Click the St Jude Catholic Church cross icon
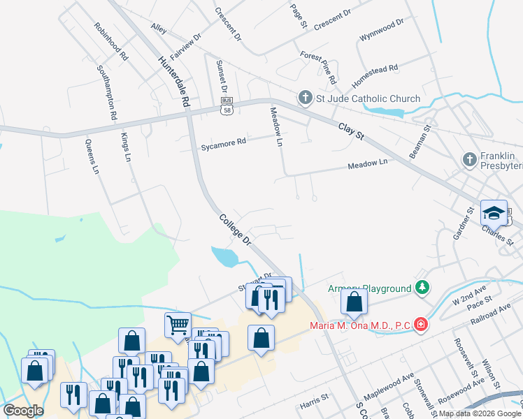point(305,98)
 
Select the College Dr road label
point(235,229)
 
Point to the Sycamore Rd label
point(224,144)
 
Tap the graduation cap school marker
point(494,212)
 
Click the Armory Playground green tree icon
point(422,288)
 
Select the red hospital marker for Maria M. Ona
point(420,324)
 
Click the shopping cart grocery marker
point(178,323)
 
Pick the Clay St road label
point(352,131)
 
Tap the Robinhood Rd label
point(111,40)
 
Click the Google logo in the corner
point(23,411)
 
